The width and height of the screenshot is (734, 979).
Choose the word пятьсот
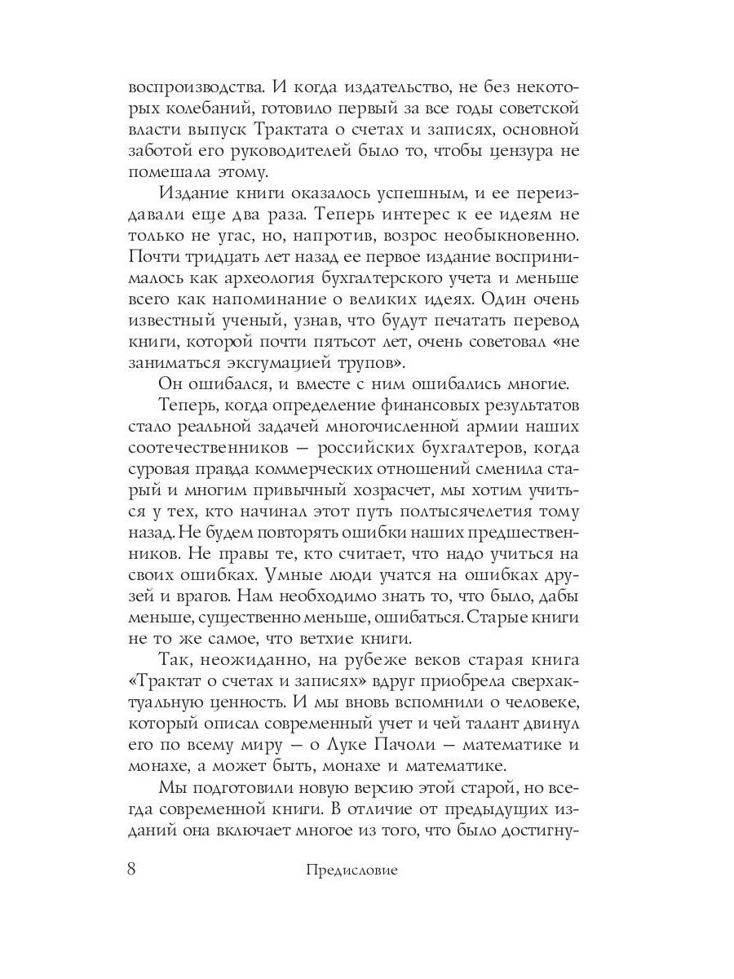click(386, 341)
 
